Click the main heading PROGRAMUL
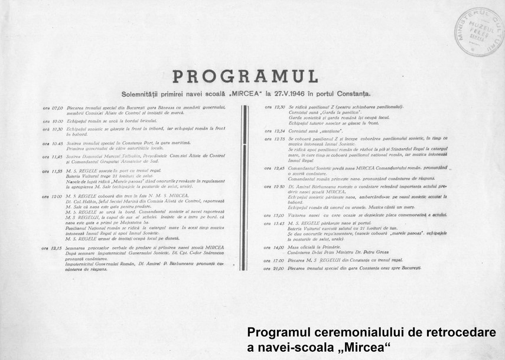pos(245,77)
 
